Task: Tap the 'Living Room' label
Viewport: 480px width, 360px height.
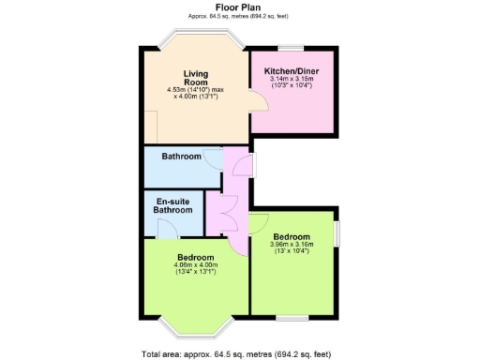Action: click(x=195, y=77)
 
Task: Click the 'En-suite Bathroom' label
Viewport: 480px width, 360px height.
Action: click(x=173, y=205)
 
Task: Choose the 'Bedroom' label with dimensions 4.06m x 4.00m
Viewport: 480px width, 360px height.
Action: click(x=195, y=257)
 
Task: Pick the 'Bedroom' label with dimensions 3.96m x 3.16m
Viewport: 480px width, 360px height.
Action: click(x=292, y=237)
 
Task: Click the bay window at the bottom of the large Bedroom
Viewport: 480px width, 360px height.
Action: click(x=195, y=328)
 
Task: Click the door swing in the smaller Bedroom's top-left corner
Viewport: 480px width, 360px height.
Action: click(x=258, y=222)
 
